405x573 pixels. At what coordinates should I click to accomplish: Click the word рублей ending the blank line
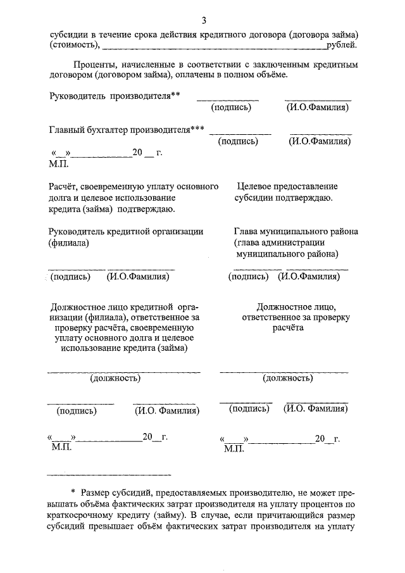(342, 46)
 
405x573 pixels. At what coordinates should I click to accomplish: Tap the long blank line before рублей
(213, 48)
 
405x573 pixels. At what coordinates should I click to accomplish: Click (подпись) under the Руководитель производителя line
(232, 108)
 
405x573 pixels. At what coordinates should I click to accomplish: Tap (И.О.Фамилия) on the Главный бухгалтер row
(320, 141)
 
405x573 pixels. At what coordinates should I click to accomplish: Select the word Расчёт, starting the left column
(65, 187)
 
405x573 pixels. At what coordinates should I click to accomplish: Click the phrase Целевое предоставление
(287, 187)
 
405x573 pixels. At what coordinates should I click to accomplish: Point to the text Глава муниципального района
(296, 232)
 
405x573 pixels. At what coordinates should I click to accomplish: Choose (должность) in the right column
(288, 379)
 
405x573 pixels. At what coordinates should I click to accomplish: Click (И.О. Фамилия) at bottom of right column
(316, 409)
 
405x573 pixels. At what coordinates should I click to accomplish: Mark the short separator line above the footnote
(109, 474)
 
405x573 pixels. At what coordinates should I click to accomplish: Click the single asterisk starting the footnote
(73, 492)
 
